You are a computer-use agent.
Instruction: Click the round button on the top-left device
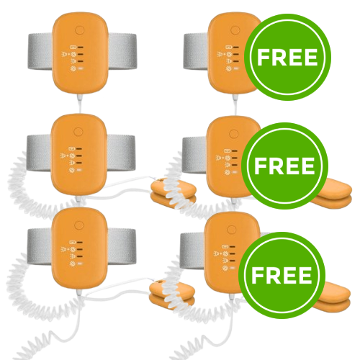tap(80, 31)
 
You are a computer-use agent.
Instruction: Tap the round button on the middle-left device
tap(78, 132)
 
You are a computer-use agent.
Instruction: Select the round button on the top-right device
tap(235, 31)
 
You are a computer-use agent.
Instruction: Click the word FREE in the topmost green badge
tap(287, 58)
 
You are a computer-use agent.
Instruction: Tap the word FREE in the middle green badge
tap(284, 166)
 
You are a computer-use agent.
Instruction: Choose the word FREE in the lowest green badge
tap(282, 275)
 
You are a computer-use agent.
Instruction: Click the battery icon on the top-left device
tap(72, 48)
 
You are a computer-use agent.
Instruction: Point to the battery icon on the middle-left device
tap(71, 148)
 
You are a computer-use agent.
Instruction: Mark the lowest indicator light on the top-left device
tap(80, 69)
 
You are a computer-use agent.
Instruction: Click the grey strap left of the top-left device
tap(41, 52)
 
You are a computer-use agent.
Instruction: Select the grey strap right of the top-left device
tap(122, 52)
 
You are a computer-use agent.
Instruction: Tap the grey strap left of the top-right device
tap(197, 52)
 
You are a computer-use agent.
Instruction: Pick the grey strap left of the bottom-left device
tap(40, 247)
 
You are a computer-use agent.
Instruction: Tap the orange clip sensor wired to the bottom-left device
tap(172, 293)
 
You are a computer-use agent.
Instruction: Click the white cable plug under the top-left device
tap(80, 99)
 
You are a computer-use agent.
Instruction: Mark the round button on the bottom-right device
tap(232, 229)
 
